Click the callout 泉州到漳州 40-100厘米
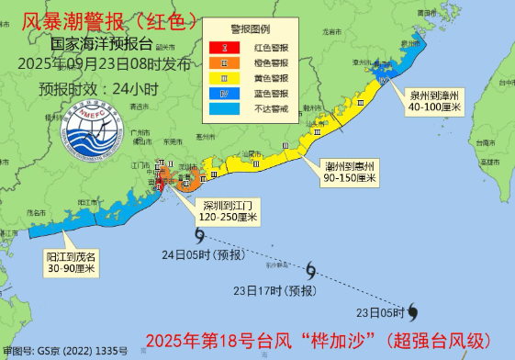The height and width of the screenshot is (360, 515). tap(434, 102)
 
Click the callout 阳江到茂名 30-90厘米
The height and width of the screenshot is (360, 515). tap(73, 262)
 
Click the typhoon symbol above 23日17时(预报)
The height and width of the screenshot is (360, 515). tap(311, 270)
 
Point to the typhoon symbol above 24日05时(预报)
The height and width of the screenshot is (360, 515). tap(201, 237)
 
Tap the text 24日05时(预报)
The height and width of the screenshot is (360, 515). tap(201, 254)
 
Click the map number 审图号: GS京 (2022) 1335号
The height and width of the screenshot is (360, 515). tap(64, 351)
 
